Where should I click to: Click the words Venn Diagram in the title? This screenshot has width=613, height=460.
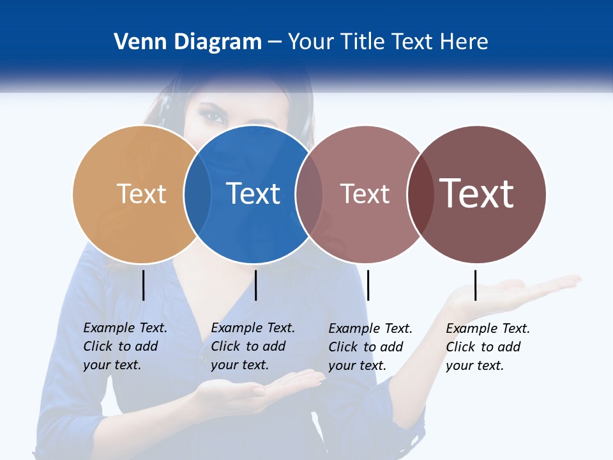[x=188, y=42]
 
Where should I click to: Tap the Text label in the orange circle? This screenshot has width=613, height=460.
[x=141, y=194]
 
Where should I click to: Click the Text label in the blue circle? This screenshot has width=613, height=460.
[x=254, y=194]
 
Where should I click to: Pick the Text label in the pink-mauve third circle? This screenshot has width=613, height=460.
[x=365, y=194]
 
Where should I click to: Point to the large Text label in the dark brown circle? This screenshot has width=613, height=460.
[x=477, y=193]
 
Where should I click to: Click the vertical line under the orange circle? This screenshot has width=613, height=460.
[x=143, y=285]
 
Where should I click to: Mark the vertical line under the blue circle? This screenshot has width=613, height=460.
[x=255, y=285]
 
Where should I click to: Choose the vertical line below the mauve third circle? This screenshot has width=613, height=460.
[x=368, y=285]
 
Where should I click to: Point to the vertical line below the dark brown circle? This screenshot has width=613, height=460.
[x=475, y=285]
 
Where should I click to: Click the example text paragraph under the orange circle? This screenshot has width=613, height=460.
[x=125, y=346]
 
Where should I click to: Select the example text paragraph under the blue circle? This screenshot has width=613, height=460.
[x=253, y=346]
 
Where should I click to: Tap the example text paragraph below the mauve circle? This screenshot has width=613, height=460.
[x=370, y=347]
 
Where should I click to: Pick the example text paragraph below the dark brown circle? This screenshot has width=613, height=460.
[x=488, y=347]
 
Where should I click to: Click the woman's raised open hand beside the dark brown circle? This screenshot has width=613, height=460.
[x=511, y=291]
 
